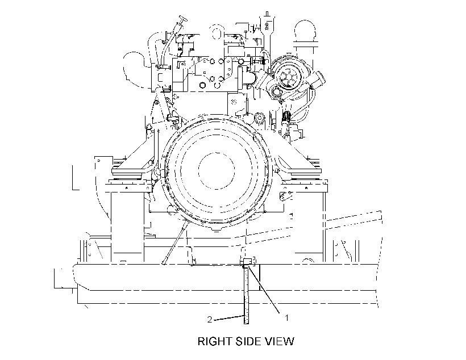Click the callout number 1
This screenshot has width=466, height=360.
pyautogui.click(x=286, y=318)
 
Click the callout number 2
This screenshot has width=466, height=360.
pyautogui.click(x=210, y=320)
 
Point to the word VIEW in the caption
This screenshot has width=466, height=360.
pyautogui.click(x=280, y=341)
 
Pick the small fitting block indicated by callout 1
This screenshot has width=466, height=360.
pyautogui.click(x=248, y=262)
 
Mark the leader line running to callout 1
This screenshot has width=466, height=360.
pyautogui.click(x=264, y=290)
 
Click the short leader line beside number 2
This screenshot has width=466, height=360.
pyautogui.click(x=229, y=317)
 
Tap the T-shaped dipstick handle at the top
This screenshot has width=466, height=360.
pyautogui.click(x=182, y=20)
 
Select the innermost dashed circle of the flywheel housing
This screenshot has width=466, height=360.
pyautogui.click(x=217, y=170)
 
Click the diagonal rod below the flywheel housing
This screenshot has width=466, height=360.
pyautogui.click(x=175, y=242)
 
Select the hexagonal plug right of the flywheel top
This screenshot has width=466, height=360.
pyautogui.click(x=259, y=118)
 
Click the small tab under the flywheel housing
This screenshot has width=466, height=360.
pyautogui.click(x=217, y=229)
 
